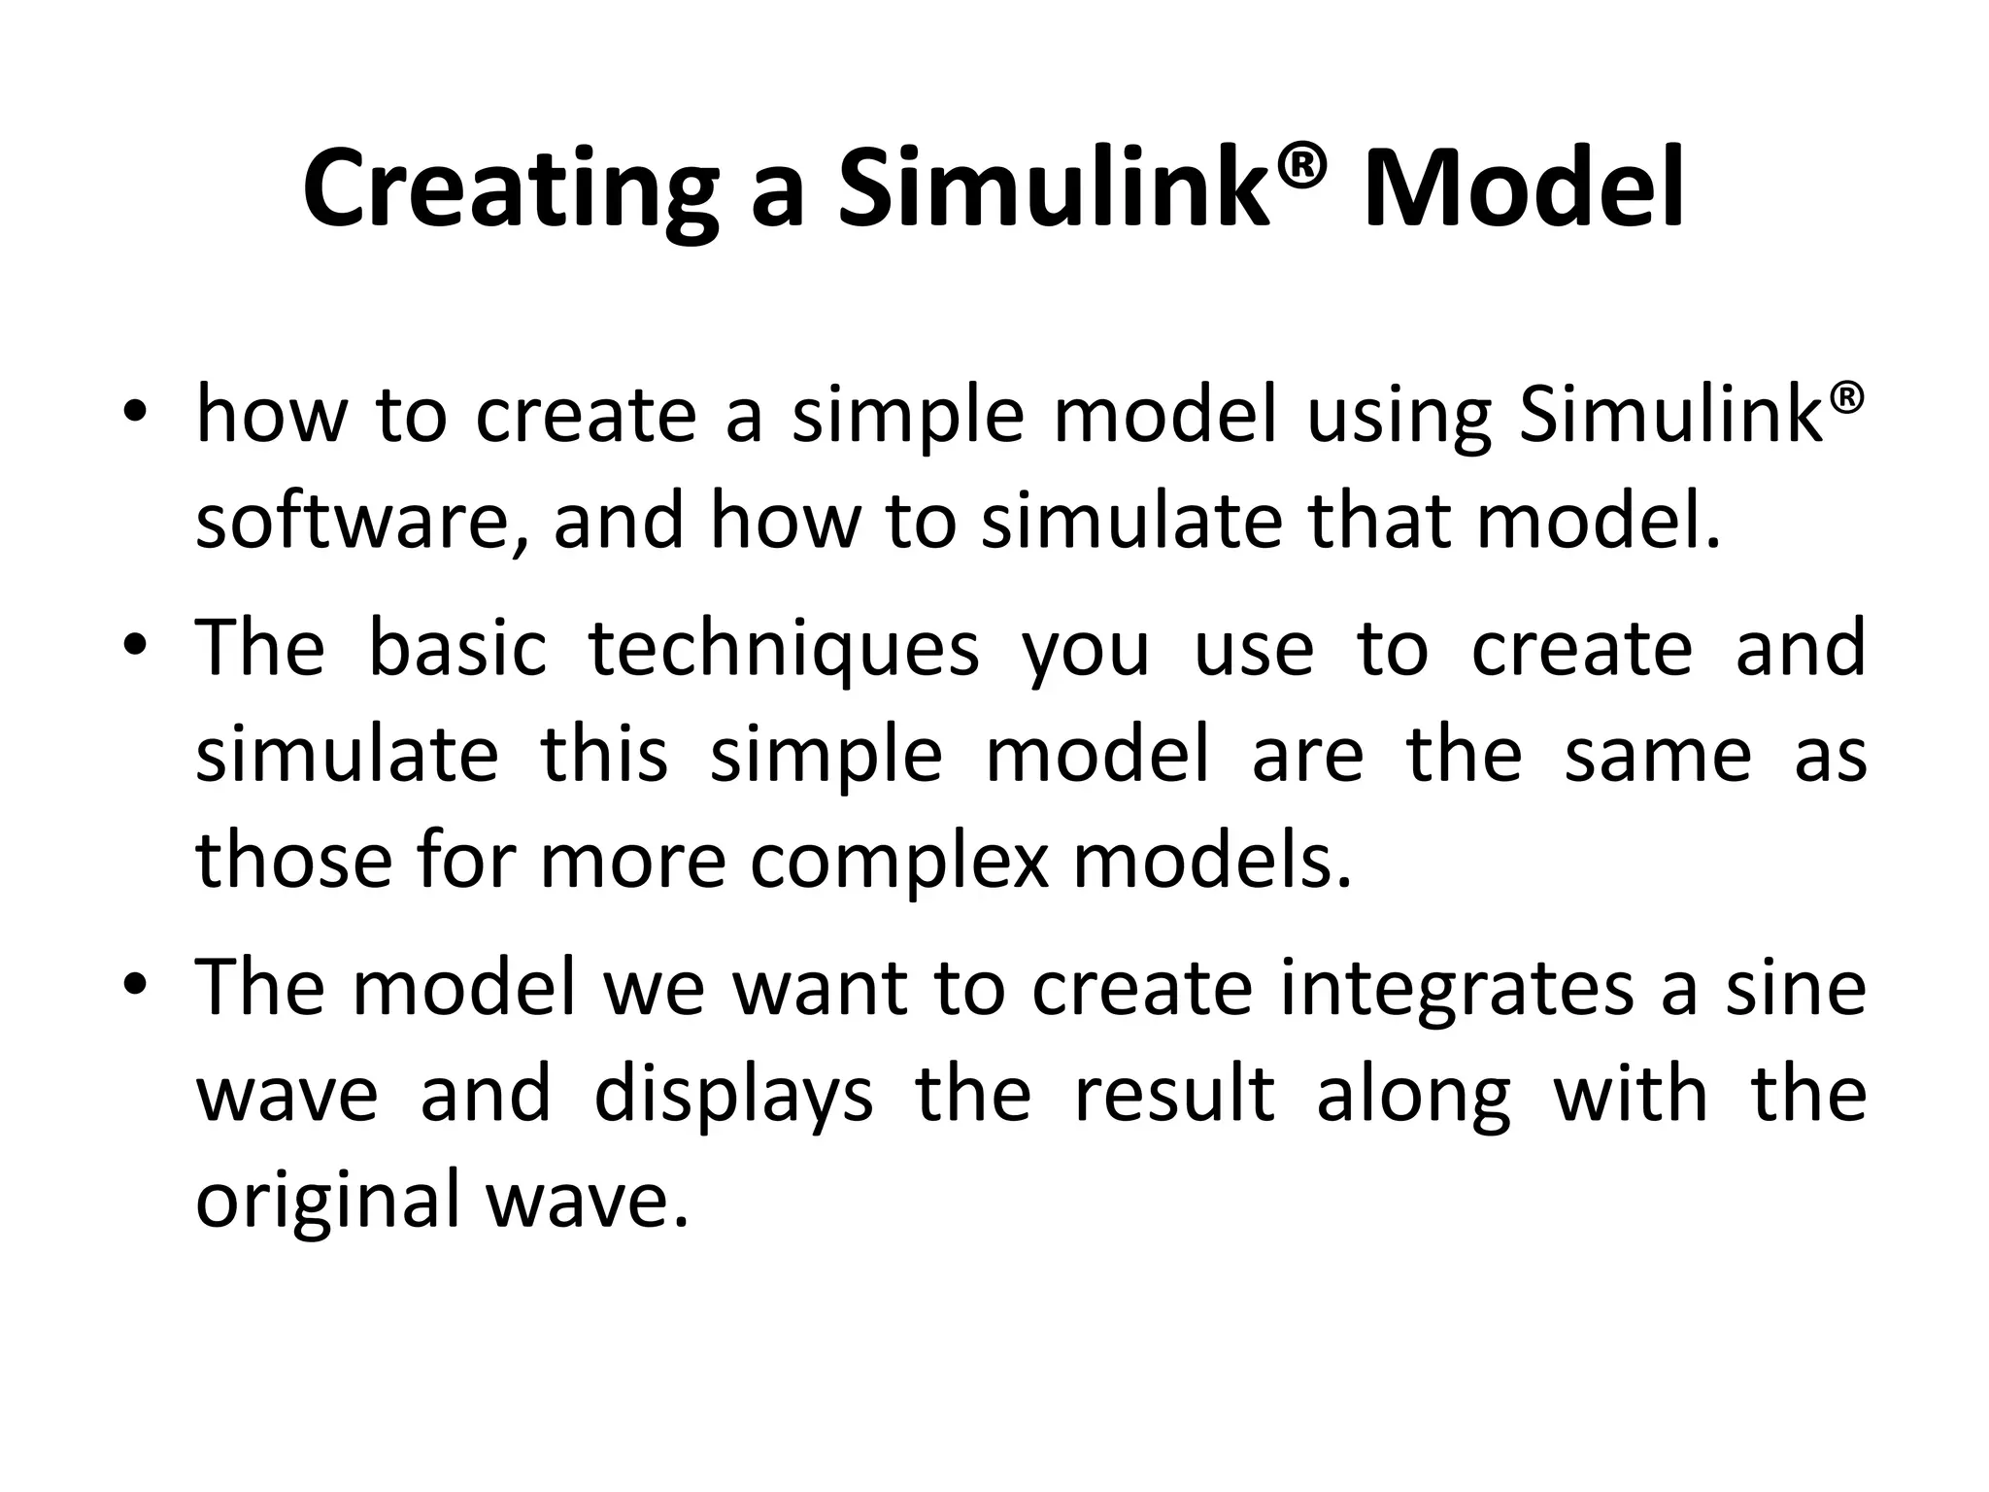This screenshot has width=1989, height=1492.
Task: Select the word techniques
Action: click(784, 648)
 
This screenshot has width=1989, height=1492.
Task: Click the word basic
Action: click(458, 648)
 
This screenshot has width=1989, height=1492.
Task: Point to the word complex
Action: click(899, 862)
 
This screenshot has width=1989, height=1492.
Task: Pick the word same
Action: click(1658, 755)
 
